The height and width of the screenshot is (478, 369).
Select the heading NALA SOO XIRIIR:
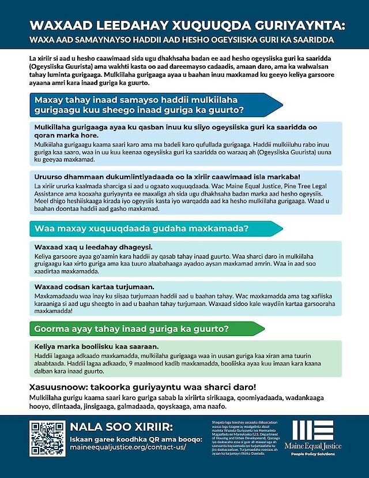pyautogui.click(x=119, y=427)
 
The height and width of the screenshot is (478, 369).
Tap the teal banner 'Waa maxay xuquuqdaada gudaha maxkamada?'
pyautogui.click(x=141, y=229)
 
